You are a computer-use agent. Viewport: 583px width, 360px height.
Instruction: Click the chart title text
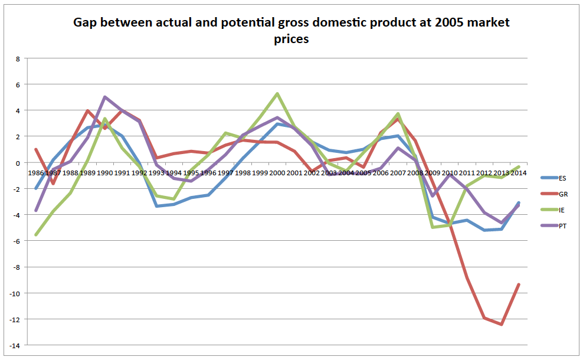point(291,31)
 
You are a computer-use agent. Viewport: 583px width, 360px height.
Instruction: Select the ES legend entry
point(561,177)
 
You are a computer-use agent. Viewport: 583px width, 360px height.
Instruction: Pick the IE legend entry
point(561,210)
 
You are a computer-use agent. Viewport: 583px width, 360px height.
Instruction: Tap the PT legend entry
point(561,226)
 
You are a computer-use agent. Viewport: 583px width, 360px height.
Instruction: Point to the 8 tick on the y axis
point(18,58)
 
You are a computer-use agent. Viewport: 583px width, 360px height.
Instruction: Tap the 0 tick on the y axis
point(18,163)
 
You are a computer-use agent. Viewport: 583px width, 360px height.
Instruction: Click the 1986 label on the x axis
point(36,173)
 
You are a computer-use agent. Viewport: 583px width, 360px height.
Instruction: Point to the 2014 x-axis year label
point(518,173)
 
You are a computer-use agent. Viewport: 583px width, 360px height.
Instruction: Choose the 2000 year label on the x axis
point(277,173)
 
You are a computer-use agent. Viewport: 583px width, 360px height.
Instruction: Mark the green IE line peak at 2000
point(277,94)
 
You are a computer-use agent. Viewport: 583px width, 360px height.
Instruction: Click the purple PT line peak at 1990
point(104,97)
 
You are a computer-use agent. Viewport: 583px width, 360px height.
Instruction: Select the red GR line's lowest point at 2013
point(502,325)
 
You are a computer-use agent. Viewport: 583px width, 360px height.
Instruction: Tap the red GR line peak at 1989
point(87,111)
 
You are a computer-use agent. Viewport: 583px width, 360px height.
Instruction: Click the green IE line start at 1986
point(36,235)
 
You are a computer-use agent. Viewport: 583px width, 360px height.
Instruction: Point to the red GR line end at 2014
point(519,284)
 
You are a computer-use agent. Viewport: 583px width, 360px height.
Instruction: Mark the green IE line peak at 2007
point(398,114)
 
